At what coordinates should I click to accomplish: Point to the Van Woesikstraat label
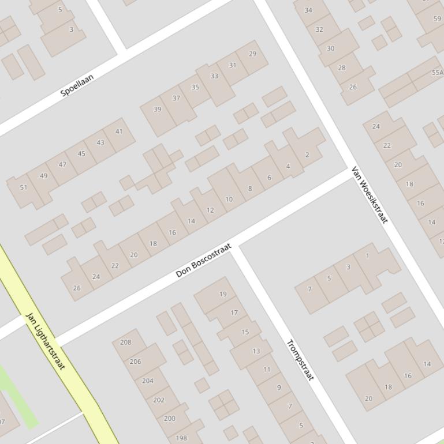tap(370, 195)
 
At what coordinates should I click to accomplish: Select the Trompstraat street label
tap(300, 360)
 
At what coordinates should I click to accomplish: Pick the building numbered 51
tap(24, 187)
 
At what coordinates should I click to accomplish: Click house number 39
tap(158, 109)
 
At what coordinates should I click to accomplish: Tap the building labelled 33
tap(214, 76)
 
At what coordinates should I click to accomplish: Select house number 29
tap(252, 54)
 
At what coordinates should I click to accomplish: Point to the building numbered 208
tap(125, 342)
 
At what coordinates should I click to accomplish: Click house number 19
tap(223, 294)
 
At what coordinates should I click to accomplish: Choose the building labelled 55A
tap(437, 73)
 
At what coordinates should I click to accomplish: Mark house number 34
tap(308, 10)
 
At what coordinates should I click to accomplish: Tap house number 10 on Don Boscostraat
tap(229, 199)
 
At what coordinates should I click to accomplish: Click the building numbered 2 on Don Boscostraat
tap(307, 155)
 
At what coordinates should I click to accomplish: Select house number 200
tap(170, 419)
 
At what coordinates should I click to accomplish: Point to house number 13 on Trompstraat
tap(256, 351)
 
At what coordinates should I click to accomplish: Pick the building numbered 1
tap(367, 255)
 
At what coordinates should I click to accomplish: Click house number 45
tap(81, 153)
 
